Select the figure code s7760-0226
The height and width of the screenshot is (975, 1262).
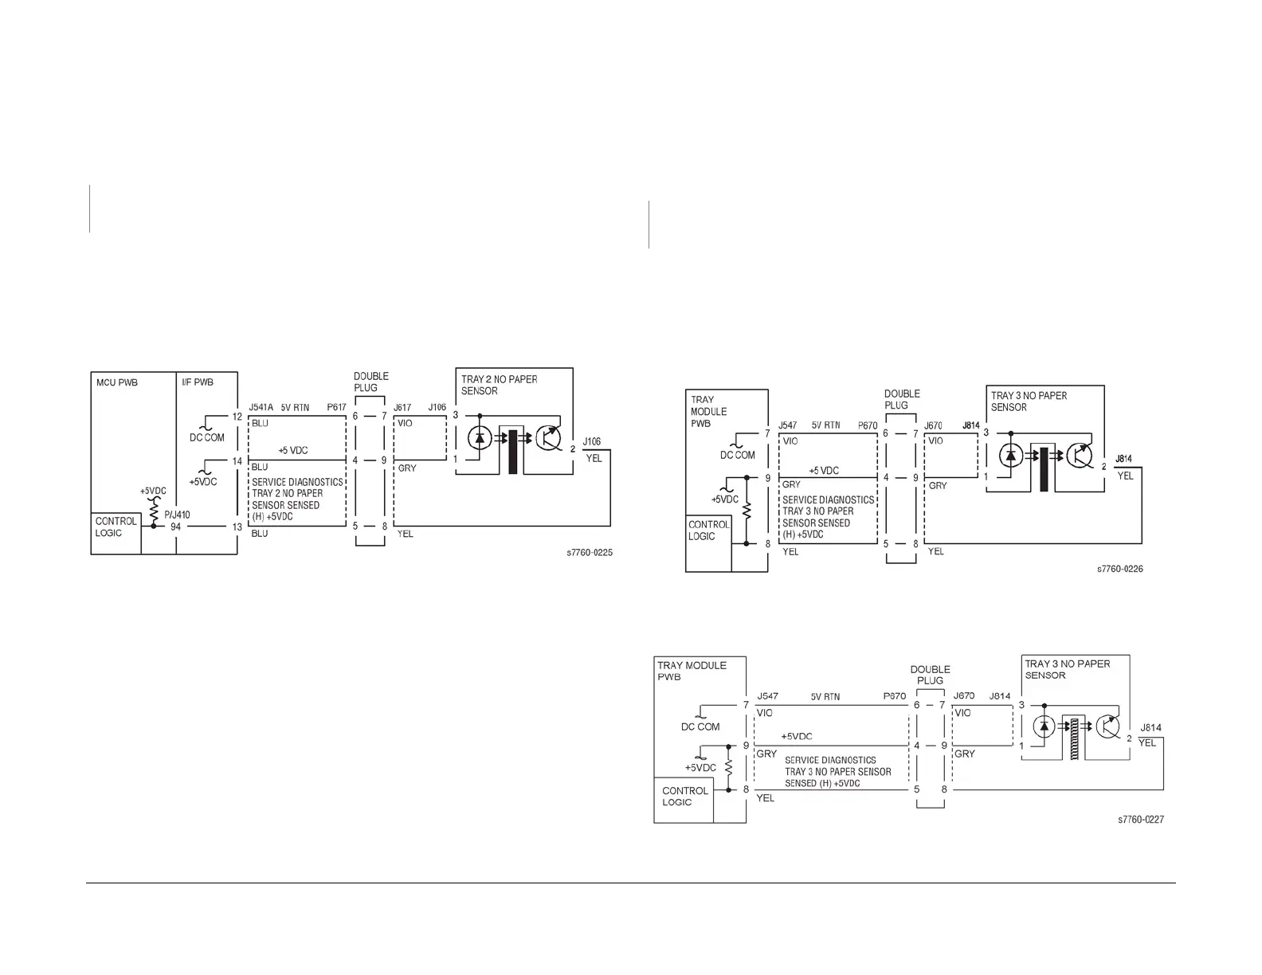[x=1119, y=569]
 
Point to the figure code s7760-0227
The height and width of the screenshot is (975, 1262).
[x=1141, y=820]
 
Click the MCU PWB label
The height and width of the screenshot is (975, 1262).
[x=117, y=382]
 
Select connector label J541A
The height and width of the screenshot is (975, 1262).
[x=261, y=407]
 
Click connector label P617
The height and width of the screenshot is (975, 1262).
[x=336, y=407]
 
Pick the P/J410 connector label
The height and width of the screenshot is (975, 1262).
[x=178, y=515]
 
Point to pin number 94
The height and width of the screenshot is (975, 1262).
[x=175, y=527]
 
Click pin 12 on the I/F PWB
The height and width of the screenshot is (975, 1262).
[x=237, y=417]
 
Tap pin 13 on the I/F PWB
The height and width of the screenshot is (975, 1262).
[x=237, y=527]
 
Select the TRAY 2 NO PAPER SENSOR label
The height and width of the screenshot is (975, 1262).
[x=499, y=385]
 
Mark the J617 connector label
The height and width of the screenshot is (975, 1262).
[x=402, y=407]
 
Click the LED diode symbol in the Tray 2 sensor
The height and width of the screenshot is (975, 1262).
[x=479, y=438]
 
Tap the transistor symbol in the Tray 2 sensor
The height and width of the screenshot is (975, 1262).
[x=549, y=438]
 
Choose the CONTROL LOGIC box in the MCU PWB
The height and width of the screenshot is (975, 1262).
[x=116, y=527]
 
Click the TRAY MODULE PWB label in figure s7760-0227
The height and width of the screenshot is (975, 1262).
[x=692, y=671]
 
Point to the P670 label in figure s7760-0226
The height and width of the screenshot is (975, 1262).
[x=868, y=425]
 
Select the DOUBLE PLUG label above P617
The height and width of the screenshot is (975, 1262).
[x=371, y=382]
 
